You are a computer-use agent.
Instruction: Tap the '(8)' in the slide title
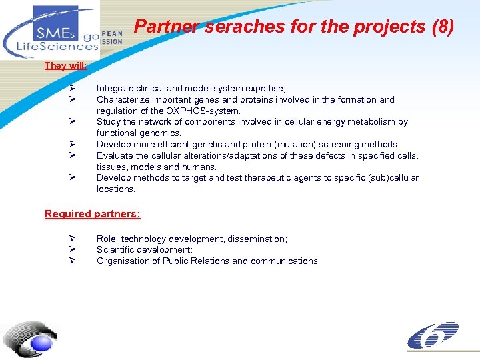442,27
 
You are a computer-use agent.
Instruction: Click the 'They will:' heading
66,65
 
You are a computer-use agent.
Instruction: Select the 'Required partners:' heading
93,214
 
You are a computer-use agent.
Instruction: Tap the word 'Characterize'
123,99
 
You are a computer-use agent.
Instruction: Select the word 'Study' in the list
109,122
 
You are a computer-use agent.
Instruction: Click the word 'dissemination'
256,239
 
